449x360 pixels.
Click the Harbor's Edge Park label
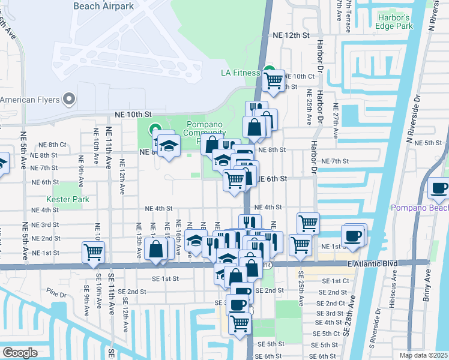point(393,22)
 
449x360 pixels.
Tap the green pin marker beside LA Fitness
point(270,70)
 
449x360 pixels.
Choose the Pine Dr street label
point(56,294)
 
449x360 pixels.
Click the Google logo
point(20,352)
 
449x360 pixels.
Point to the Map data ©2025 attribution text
point(424,355)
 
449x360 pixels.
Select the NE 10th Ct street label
point(300,76)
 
